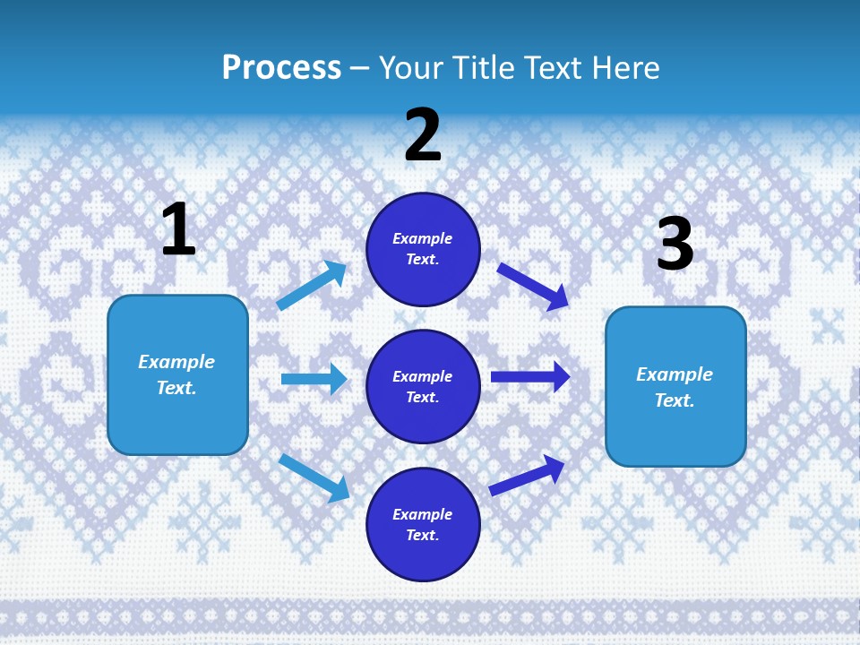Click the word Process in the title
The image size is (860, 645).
click(x=281, y=67)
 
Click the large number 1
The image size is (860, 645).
click(x=178, y=230)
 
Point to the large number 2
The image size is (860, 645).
click(x=423, y=135)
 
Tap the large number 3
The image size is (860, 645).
click(x=675, y=244)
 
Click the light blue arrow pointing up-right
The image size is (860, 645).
click(x=312, y=286)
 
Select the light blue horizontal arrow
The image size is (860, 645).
click(x=314, y=379)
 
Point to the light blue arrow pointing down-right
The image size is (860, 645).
click(x=314, y=477)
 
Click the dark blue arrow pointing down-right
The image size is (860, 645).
click(x=533, y=287)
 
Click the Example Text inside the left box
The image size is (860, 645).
click(x=176, y=374)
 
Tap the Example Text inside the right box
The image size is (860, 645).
click(x=675, y=387)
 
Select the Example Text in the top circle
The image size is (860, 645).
click(x=423, y=248)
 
